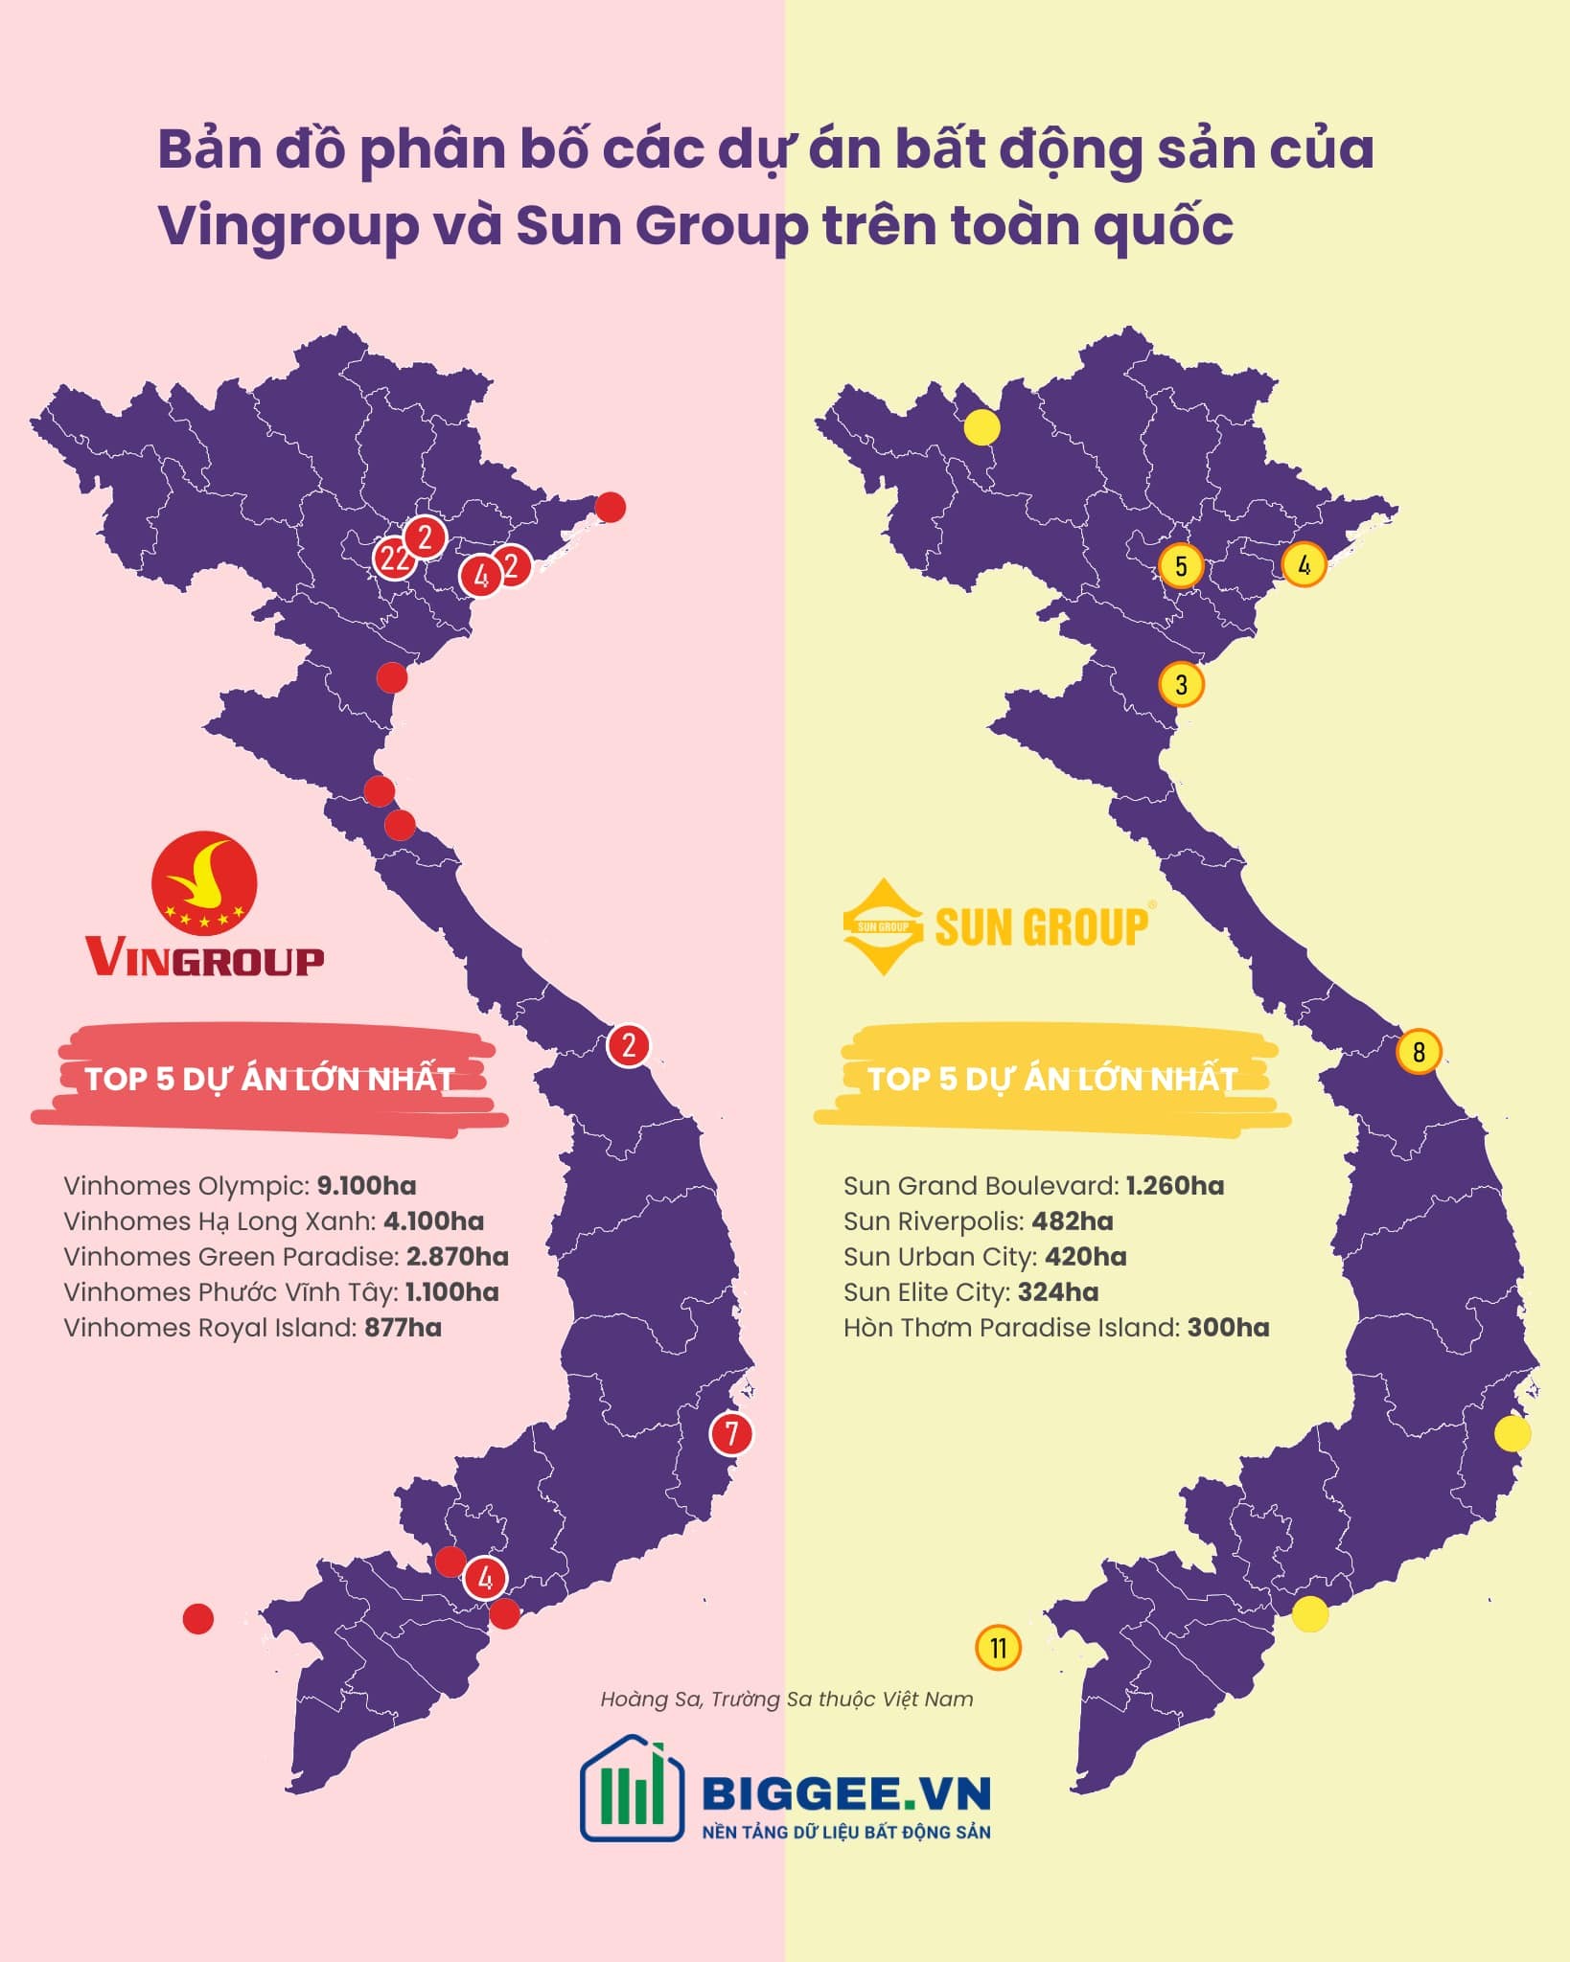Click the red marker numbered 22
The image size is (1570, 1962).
tap(393, 557)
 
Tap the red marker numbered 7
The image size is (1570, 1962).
tap(731, 1433)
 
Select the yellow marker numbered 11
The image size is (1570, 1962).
tap(998, 1648)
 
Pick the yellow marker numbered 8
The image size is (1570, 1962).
tap(1419, 1051)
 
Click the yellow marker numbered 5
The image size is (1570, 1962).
tap(1181, 565)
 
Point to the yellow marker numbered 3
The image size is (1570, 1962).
tap(1181, 684)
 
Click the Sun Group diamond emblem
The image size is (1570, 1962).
tap(882, 926)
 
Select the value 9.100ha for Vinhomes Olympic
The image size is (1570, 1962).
tap(366, 1185)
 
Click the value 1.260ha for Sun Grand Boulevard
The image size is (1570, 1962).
tap(1174, 1185)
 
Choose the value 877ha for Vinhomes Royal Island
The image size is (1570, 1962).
tap(403, 1327)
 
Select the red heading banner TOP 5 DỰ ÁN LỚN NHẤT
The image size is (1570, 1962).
tap(268, 1079)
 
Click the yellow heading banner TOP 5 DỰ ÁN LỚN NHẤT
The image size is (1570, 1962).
tap(1051, 1079)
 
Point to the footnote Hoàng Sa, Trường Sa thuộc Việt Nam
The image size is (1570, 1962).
tap(786, 1699)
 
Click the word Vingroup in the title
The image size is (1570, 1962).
tap(288, 225)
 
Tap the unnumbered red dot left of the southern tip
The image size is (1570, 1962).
tap(198, 1619)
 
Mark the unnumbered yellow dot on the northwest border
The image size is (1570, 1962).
tap(981, 427)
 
